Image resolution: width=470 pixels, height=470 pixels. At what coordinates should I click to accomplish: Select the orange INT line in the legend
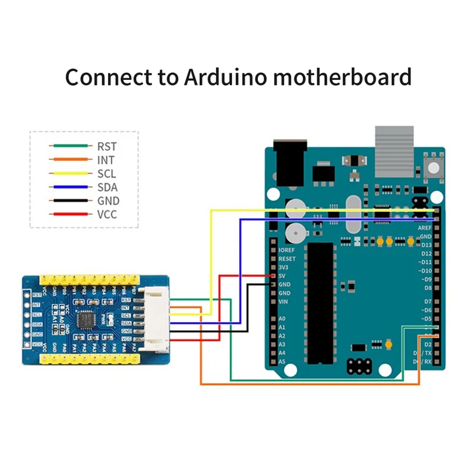70,159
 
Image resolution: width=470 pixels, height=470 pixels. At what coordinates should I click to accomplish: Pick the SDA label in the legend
107,187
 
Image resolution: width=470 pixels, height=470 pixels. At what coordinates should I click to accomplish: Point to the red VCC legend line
70,214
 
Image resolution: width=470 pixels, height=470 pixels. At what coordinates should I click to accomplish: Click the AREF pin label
424,227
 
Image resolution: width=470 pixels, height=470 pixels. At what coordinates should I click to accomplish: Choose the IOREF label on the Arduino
287,250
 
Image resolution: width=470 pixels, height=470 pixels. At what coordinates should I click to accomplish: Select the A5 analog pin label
282,361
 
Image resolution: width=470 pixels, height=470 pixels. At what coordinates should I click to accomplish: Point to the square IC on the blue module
87,319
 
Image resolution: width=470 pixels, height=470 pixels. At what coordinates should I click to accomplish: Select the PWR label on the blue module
108,319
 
